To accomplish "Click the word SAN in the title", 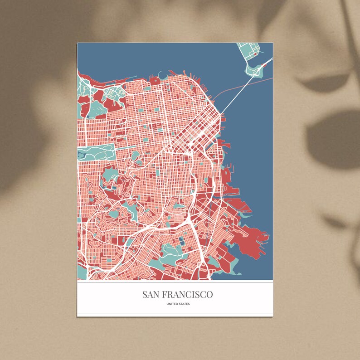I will coord(152,295).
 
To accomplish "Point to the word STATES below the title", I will coord(184,304).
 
